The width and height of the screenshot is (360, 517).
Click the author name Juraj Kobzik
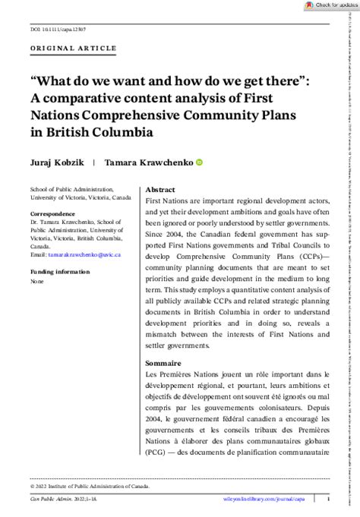tap(55, 162)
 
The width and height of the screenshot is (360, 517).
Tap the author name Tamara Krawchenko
tap(147, 162)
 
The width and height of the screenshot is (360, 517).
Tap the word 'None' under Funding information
tap(36, 281)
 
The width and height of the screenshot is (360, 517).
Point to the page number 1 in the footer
tap(327, 499)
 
